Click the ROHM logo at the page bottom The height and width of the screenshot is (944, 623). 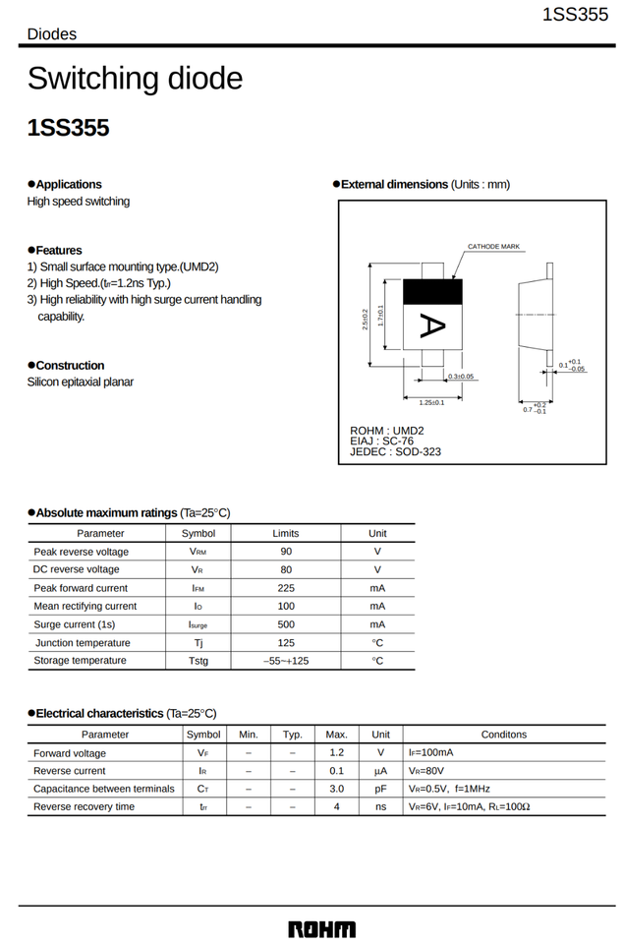(x=321, y=928)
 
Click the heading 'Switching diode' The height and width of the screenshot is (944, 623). (x=135, y=78)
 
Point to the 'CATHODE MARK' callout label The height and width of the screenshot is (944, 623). (x=493, y=247)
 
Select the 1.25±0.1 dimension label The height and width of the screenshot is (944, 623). (x=432, y=402)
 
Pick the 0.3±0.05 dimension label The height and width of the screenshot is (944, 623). (x=461, y=377)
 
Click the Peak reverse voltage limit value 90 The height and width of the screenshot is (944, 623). (x=286, y=552)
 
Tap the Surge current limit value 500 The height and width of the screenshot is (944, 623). (x=286, y=624)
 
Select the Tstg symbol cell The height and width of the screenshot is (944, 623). (x=198, y=661)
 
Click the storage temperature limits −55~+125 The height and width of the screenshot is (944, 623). (x=286, y=661)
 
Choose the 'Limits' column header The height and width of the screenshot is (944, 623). (x=286, y=533)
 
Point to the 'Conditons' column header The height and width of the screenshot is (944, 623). (x=503, y=735)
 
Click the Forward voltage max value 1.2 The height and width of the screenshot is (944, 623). (x=336, y=753)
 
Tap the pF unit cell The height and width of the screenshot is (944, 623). (x=380, y=789)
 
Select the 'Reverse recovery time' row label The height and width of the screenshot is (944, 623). (x=84, y=807)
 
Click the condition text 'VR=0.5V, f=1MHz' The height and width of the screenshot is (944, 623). (x=449, y=789)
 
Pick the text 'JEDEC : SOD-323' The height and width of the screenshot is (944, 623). (x=395, y=452)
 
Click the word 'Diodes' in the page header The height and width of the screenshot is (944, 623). (x=51, y=34)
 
